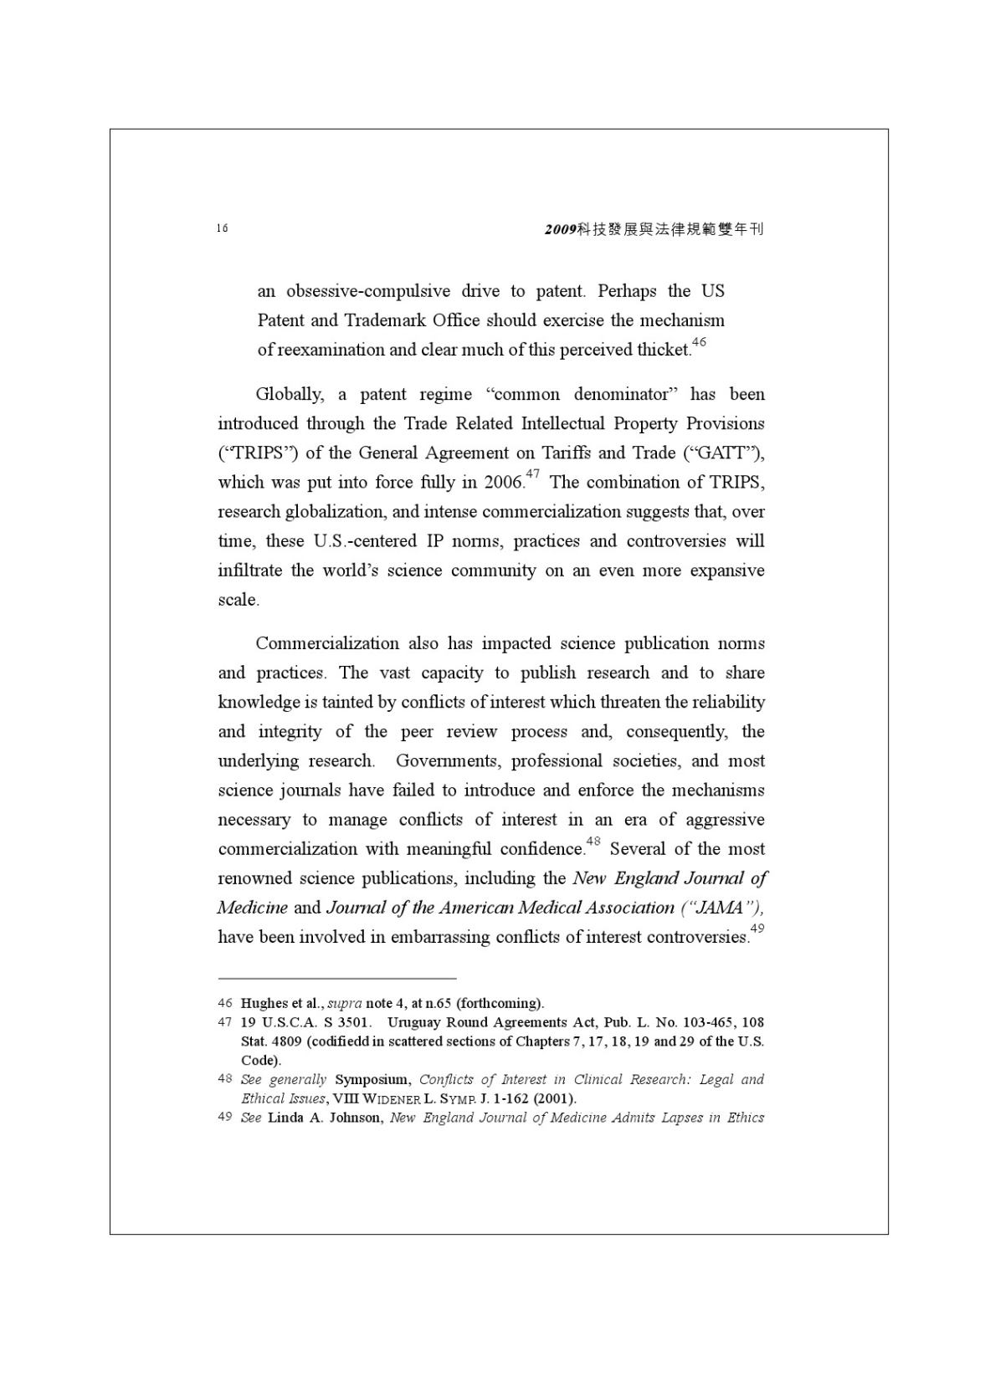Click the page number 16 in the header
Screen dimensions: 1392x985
click(x=222, y=228)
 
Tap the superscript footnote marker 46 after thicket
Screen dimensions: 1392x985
click(x=699, y=342)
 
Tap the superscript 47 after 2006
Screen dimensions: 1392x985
click(x=532, y=475)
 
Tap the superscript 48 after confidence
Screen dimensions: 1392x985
click(x=593, y=842)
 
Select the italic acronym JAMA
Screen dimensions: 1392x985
click(x=721, y=908)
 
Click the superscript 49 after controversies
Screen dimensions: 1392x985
click(x=757, y=929)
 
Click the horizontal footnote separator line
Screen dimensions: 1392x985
click(x=336, y=977)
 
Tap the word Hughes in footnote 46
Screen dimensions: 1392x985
click(x=260, y=1003)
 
